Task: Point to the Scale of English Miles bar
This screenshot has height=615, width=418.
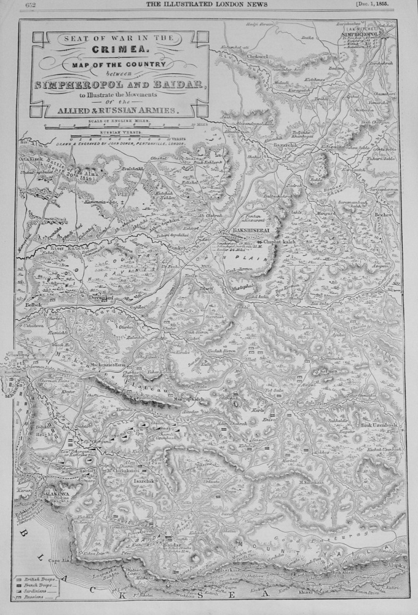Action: point(123,125)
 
